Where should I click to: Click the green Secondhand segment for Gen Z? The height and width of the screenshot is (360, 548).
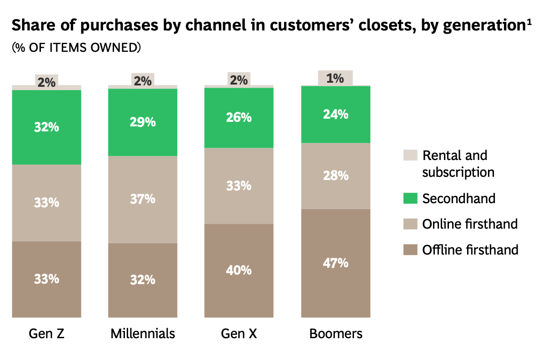click(x=46, y=127)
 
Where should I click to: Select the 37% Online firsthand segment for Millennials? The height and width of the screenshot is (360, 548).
click(x=143, y=199)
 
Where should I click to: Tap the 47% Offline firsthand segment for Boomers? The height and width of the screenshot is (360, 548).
click(x=336, y=263)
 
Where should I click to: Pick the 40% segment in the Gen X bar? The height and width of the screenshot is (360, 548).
click(x=239, y=270)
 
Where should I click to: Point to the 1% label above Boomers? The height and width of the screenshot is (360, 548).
click(x=335, y=78)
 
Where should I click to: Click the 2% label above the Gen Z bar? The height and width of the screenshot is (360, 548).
click(x=46, y=82)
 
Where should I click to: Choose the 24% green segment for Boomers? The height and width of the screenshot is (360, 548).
click(x=336, y=114)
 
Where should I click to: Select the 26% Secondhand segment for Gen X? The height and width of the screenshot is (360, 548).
click(x=239, y=117)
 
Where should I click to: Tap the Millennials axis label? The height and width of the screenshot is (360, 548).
click(x=143, y=334)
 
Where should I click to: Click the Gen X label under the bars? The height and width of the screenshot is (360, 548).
click(x=239, y=334)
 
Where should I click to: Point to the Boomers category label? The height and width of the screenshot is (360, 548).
click(x=336, y=334)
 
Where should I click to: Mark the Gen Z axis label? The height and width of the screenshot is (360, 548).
click(x=46, y=334)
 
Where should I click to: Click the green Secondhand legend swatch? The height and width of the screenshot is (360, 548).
click(x=410, y=199)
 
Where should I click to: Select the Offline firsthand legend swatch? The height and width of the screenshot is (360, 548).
click(x=410, y=250)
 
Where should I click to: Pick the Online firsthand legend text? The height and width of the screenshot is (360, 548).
click(x=470, y=224)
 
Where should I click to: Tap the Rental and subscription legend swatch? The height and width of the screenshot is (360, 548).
click(x=410, y=155)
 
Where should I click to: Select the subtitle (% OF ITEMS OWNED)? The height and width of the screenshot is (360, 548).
click(x=76, y=48)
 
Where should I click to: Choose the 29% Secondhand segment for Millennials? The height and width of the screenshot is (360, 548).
click(x=143, y=122)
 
